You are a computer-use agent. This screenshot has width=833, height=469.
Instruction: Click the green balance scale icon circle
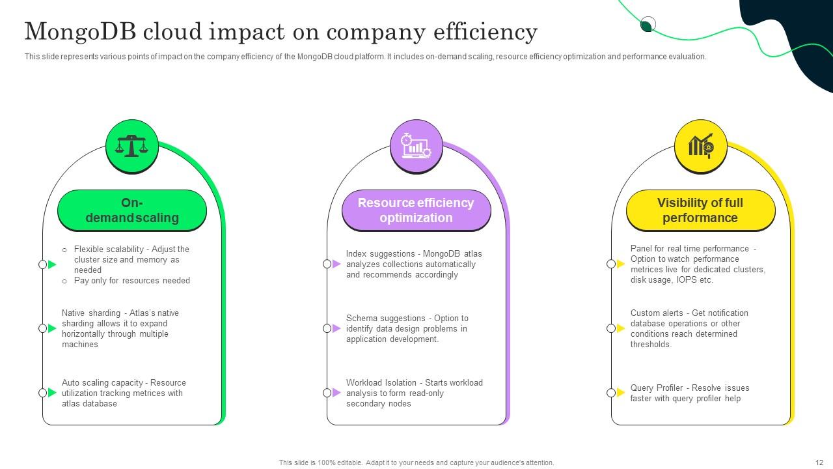[132, 146]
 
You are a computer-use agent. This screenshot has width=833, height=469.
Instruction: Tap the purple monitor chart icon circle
[416, 146]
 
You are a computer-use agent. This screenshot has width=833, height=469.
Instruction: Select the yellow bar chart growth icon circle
[701, 146]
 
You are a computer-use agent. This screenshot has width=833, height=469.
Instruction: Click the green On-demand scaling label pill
[132, 210]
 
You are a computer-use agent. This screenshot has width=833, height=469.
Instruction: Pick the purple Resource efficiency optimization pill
[416, 210]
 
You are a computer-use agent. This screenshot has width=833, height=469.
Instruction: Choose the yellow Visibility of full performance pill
[700, 210]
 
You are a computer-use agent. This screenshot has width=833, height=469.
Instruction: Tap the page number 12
[819, 462]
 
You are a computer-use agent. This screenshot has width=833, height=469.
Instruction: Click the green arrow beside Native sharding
[52, 328]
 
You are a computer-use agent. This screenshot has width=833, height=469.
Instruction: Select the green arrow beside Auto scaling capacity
[52, 393]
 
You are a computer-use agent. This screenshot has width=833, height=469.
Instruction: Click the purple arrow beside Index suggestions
[336, 264]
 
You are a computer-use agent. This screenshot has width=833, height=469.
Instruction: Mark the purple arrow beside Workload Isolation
[336, 393]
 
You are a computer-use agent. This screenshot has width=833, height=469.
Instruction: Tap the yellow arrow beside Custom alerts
[621, 328]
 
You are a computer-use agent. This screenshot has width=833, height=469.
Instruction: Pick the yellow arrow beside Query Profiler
[621, 393]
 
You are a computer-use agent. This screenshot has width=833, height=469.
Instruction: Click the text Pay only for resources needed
[131, 281]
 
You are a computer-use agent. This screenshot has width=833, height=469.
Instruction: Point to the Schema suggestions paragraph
[407, 328]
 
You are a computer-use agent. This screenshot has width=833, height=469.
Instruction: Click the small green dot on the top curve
[647, 25]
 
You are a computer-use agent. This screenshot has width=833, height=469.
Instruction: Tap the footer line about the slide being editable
[416, 462]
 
